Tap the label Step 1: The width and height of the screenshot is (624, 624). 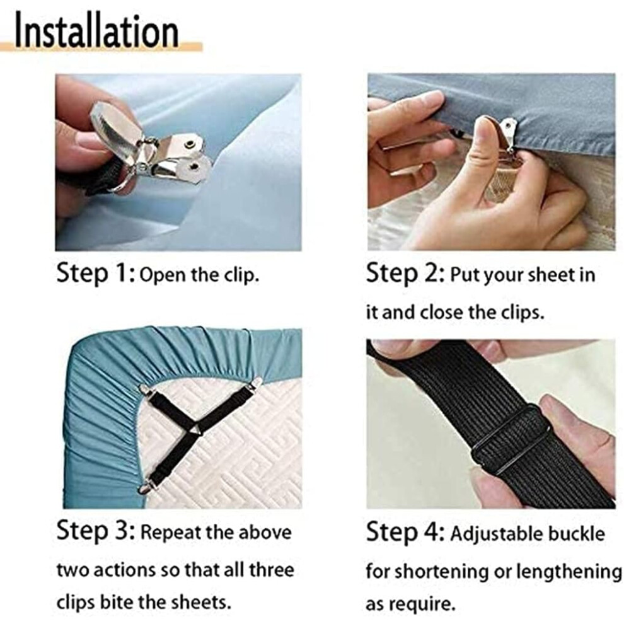tap(96, 274)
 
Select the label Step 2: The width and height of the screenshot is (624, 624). tap(405, 274)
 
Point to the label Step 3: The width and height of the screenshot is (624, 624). tap(96, 531)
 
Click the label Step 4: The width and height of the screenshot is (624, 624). tap(405, 532)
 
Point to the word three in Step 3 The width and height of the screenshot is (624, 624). tap(272, 570)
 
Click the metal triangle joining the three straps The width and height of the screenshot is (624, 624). tap(195, 430)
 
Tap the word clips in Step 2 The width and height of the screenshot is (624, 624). tap(522, 313)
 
